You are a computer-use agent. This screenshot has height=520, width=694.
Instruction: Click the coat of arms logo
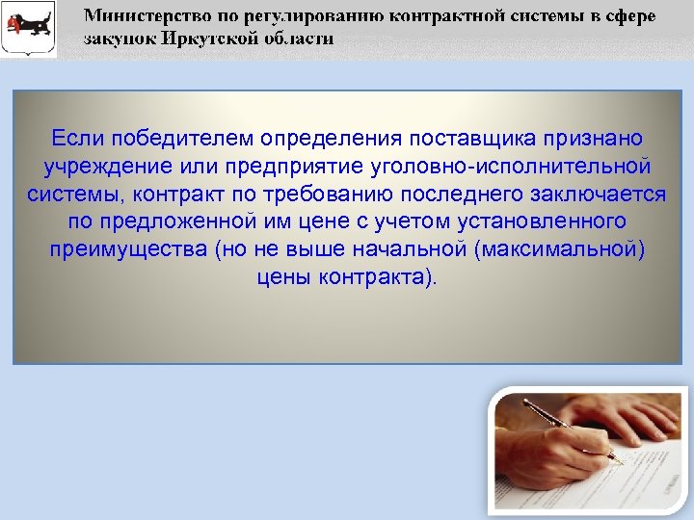point(29,30)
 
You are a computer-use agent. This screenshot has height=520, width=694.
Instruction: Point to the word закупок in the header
point(115,39)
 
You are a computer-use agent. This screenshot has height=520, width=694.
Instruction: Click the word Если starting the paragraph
point(74,141)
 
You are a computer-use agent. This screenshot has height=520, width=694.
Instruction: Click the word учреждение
point(104,168)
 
